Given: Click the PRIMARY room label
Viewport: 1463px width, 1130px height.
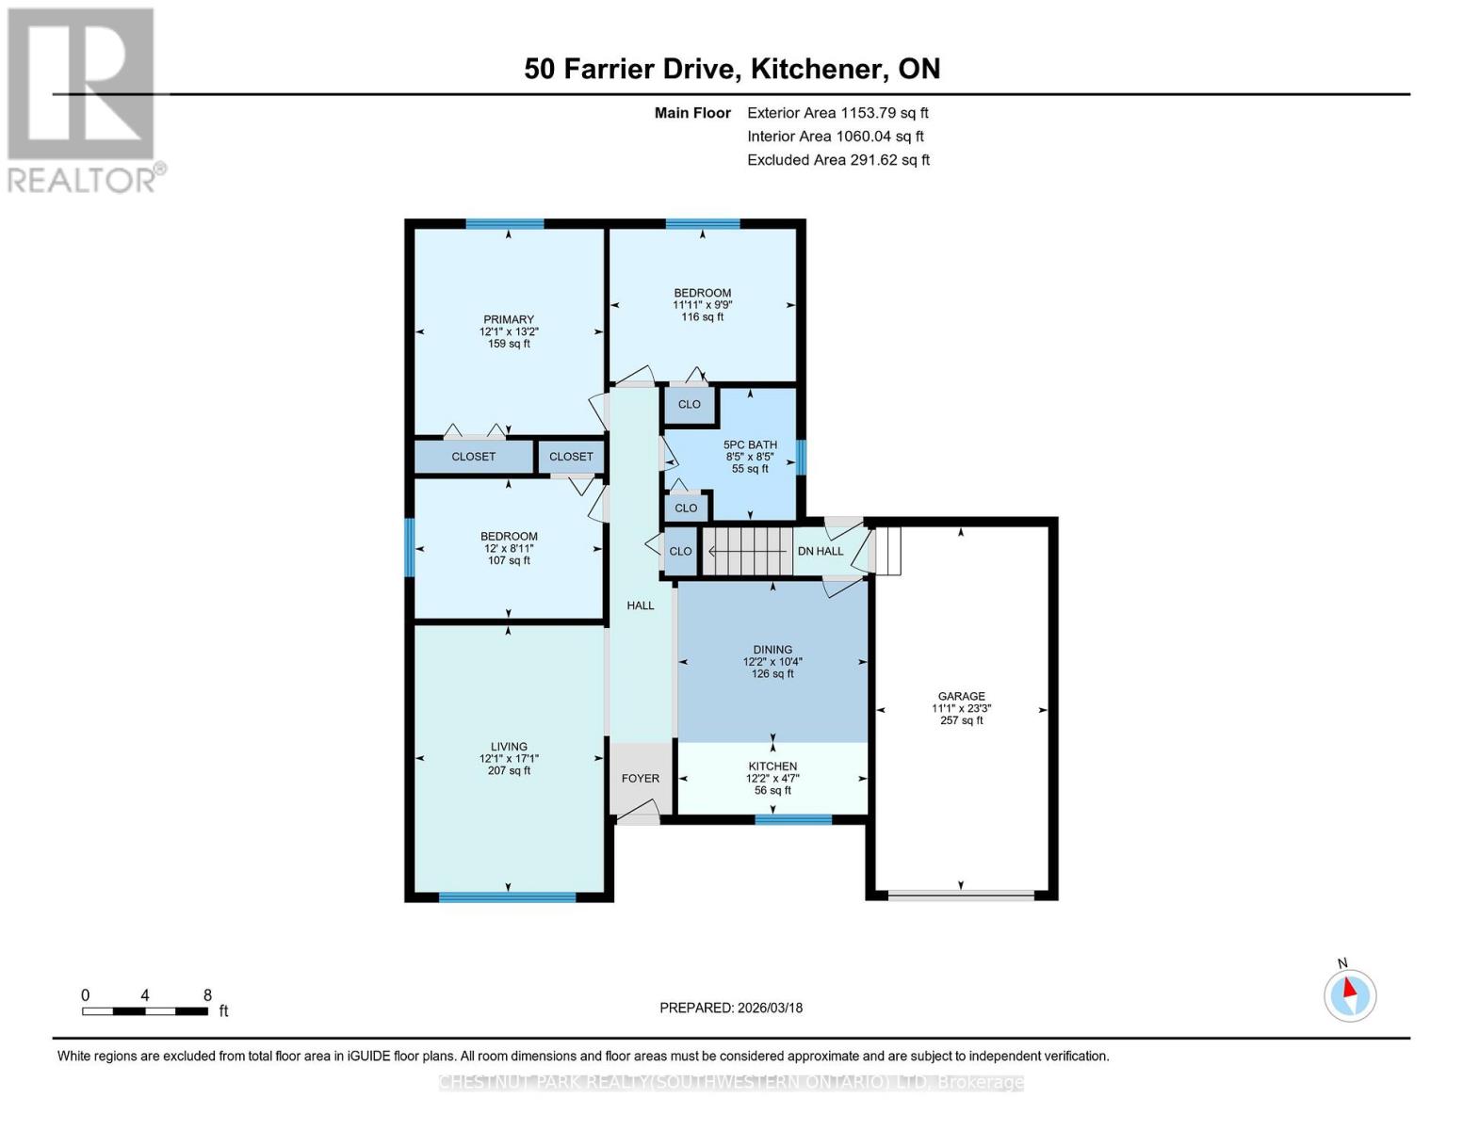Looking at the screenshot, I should click(509, 319).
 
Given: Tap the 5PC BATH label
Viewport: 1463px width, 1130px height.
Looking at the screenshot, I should click(750, 444).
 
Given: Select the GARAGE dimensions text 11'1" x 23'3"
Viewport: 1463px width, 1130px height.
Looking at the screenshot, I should click(961, 708).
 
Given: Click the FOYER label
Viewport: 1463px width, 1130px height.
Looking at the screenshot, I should click(641, 779).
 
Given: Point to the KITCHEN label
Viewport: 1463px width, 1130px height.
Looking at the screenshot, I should click(772, 767).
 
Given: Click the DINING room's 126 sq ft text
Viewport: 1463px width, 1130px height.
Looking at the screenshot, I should click(772, 674).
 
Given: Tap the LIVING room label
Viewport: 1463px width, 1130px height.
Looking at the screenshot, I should click(509, 747).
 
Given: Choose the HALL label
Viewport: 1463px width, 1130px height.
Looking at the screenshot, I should click(641, 605).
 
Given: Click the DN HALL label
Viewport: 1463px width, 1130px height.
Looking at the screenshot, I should click(821, 551).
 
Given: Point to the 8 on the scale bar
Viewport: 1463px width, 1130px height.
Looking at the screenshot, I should click(207, 995).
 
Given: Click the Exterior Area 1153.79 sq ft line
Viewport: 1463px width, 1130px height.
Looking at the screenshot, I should click(837, 113).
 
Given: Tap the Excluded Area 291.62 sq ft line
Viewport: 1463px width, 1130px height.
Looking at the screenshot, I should click(837, 160).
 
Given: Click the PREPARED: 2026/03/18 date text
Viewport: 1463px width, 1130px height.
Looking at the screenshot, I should click(731, 1008).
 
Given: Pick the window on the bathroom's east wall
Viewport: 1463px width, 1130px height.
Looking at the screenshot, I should click(801, 458).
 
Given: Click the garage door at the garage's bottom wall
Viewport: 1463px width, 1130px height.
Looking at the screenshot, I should click(961, 896).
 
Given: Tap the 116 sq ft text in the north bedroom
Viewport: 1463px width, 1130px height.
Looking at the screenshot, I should click(703, 317).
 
